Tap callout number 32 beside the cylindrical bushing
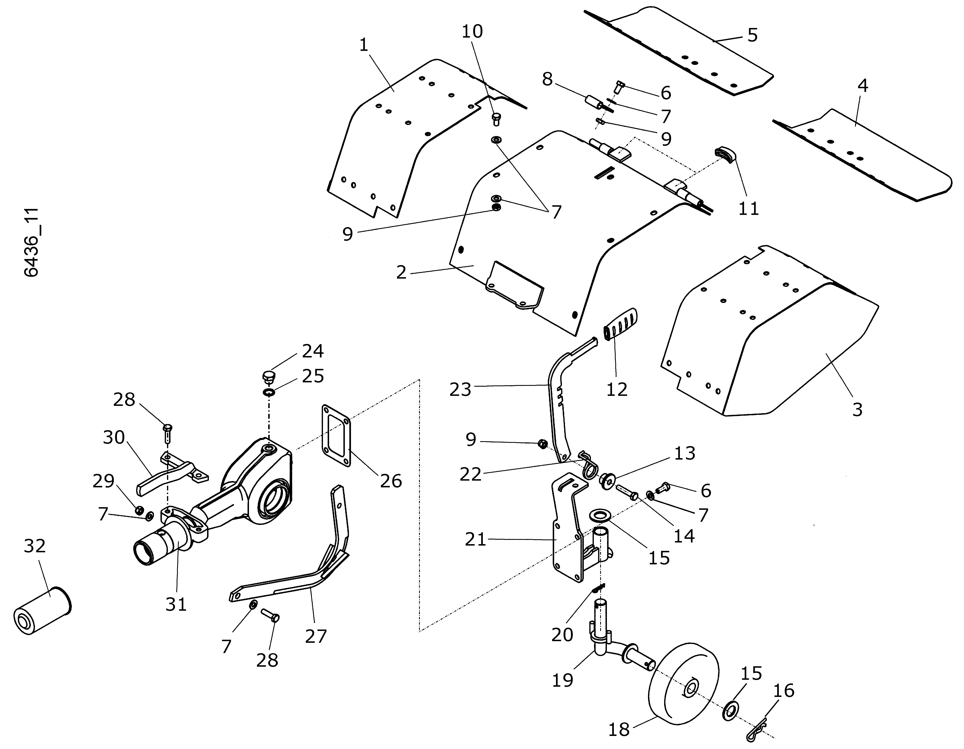(x=34, y=546)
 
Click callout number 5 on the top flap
(x=753, y=35)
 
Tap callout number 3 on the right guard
(x=857, y=409)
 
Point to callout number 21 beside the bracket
(x=475, y=539)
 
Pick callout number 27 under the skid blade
(x=316, y=636)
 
